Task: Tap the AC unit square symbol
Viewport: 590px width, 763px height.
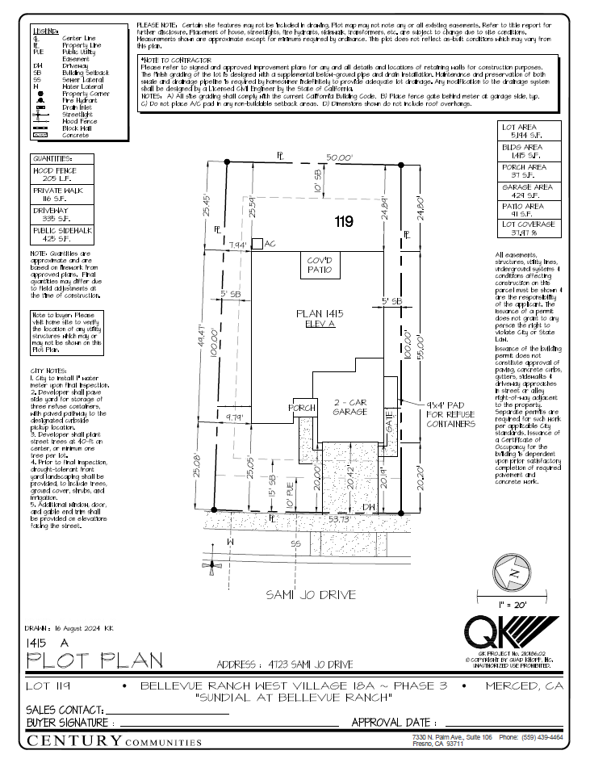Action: click(256, 243)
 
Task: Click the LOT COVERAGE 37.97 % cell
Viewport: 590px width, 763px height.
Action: click(529, 228)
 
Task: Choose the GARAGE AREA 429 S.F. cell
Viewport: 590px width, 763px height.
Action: click(529, 191)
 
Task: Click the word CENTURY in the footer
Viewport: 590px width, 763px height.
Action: click(73, 740)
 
